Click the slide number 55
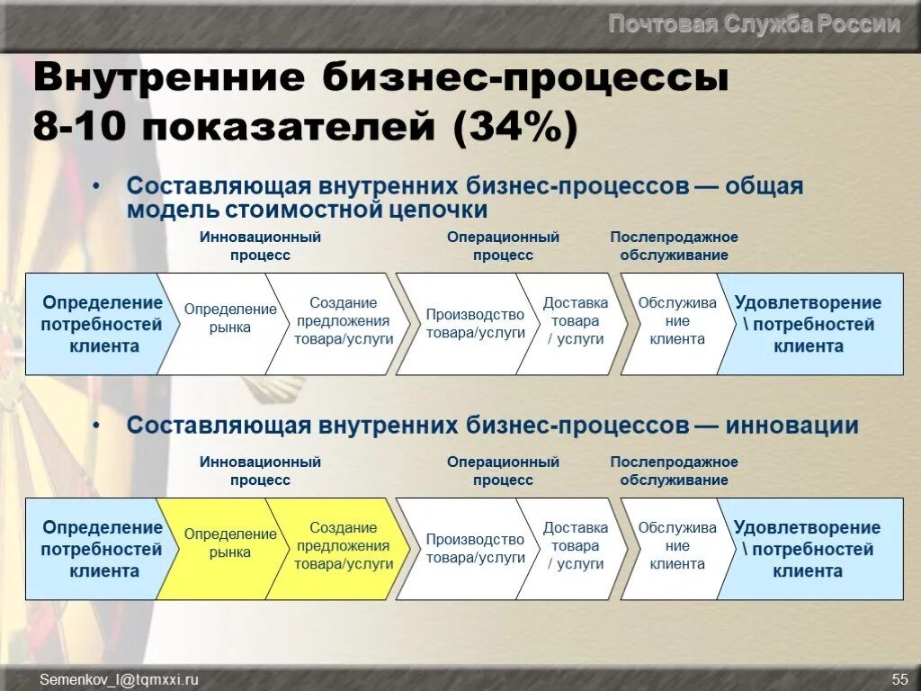coord(899,679)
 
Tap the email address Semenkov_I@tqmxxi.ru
coord(119,679)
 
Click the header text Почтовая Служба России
coord(754,24)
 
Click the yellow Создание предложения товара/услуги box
coord(343,546)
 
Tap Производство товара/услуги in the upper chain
coord(475,324)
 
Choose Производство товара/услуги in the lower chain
coord(475,549)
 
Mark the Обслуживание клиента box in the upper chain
coord(677,321)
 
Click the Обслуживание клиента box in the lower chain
coord(677,546)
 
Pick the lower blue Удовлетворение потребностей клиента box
coord(808,549)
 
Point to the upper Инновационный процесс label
coord(260,246)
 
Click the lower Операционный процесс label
coord(503,471)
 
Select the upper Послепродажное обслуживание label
coord(674,246)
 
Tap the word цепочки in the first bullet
coord(440,210)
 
